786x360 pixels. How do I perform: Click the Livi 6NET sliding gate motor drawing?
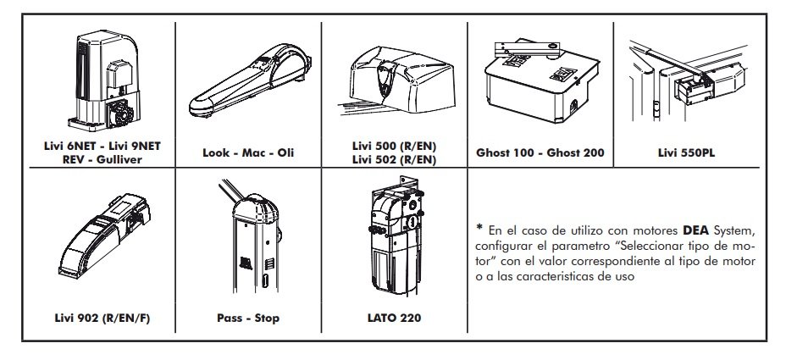(x=104, y=80)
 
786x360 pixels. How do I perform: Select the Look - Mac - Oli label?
(x=248, y=152)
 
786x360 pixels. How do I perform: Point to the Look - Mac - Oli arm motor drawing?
(x=250, y=80)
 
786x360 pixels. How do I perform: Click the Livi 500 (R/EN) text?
(x=394, y=147)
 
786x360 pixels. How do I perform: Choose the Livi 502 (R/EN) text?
(x=394, y=159)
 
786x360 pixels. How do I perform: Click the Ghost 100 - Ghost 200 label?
(x=540, y=152)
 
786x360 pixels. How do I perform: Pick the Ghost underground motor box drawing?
(x=541, y=81)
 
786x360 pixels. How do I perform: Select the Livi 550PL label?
(x=686, y=152)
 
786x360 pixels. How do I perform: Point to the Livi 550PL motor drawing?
(x=688, y=81)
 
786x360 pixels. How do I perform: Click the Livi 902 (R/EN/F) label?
(x=102, y=318)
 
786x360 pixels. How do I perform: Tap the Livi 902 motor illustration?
(x=104, y=235)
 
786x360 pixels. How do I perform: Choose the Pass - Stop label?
(x=248, y=318)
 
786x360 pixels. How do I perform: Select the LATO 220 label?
(x=394, y=318)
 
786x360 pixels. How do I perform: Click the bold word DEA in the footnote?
(x=696, y=231)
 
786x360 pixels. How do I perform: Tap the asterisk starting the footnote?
(x=479, y=229)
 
